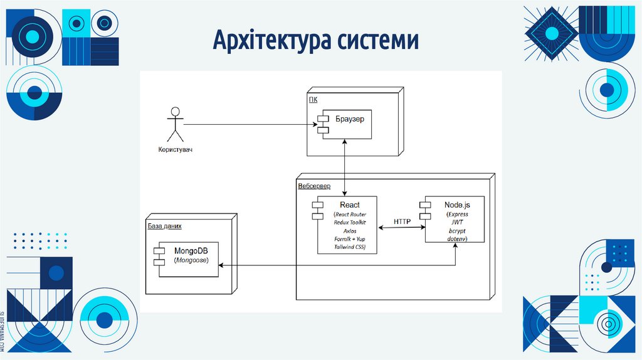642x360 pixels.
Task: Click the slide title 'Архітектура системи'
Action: pos(316,41)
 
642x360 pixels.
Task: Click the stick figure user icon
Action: pos(175,125)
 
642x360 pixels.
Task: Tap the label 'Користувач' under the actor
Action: pos(175,150)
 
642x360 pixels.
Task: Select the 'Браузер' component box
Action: pos(345,124)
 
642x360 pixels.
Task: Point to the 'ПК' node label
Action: pos(312,98)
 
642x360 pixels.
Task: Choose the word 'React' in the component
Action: pos(350,205)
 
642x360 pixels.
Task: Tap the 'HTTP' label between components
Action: pos(402,222)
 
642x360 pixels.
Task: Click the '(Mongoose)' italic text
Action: pos(191,260)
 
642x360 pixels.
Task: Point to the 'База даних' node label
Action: pos(165,226)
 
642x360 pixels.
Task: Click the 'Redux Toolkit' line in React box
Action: pos(350,223)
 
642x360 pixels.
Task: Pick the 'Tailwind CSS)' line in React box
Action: pos(350,248)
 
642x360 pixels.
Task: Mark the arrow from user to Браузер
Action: pos(251,124)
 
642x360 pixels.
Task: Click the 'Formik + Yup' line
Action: pos(350,239)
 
